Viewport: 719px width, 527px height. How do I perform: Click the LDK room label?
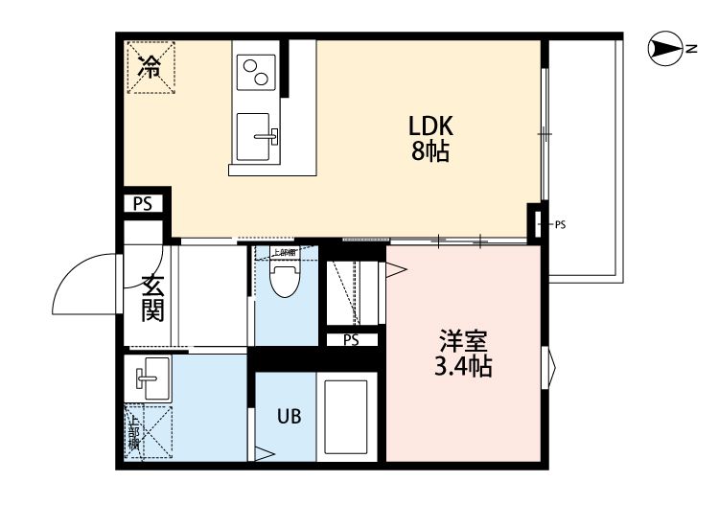(429, 126)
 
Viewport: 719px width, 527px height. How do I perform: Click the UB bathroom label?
(289, 417)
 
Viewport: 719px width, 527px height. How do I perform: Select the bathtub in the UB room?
(346, 418)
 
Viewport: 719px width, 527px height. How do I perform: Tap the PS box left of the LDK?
(143, 203)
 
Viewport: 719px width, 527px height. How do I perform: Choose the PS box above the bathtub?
(350, 339)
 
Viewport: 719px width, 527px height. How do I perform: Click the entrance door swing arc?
(84, 279)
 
